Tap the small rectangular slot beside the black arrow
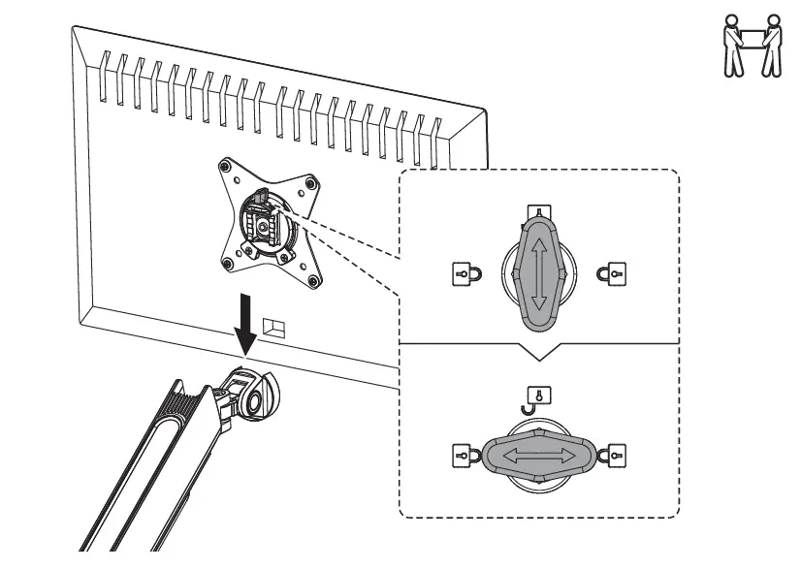tap(275, 327)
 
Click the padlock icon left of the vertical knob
tap(461, 274)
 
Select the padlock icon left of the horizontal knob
tap(461, 455)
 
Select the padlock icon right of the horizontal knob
tap(613, 455)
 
